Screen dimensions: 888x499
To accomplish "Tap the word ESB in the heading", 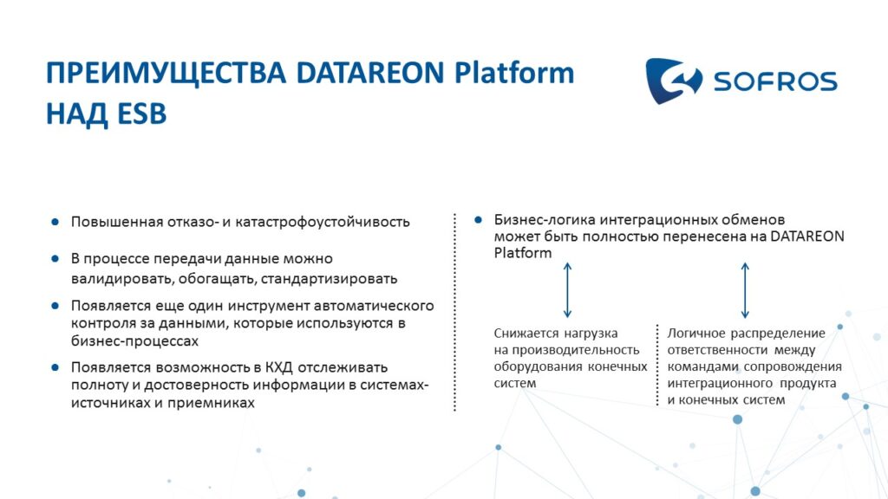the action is [141, 113].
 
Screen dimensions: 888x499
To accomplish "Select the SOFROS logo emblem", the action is [673, 81].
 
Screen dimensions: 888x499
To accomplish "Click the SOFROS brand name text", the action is [775, 81].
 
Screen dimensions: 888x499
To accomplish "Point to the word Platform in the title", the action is [514, 74].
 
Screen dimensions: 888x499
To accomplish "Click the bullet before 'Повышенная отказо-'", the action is [55, 222].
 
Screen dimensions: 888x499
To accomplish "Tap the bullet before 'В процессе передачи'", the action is [55, 258].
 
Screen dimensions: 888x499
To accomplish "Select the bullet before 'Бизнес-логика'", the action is [478, 219].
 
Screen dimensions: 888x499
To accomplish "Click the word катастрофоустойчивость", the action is [323, 222].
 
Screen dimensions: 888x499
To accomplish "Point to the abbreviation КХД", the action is [278, 367].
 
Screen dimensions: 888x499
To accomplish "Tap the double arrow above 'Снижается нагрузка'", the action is [567, 290].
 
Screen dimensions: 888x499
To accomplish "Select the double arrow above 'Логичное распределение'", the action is [745, 290].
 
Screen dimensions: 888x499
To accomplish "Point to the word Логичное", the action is [696, 334].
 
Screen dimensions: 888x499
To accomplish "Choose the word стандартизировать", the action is [329, 279].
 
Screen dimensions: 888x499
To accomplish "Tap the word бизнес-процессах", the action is [134, 341].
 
